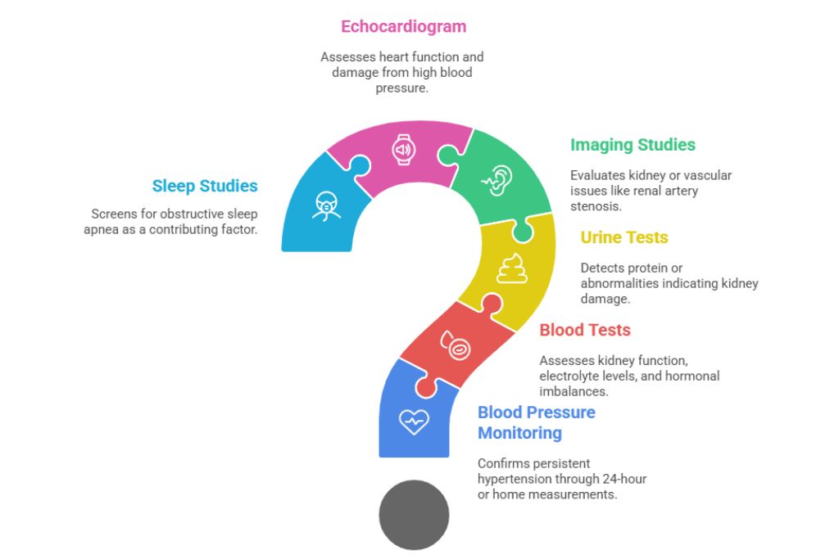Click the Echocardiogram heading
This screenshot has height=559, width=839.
click(403, 26)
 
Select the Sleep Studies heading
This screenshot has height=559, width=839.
click(205, 186)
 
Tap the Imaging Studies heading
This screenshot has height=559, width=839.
click(633, 145)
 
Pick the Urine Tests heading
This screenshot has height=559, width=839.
click(624, 237)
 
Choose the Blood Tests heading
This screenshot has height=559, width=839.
click(585, 330)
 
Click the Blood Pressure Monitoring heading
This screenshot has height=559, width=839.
click(536, 422)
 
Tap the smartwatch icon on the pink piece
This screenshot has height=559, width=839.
click(403, 149)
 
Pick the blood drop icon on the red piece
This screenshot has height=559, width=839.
click(456, 345)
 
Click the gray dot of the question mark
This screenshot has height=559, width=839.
click(414, 515)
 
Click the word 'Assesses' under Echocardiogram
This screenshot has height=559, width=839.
click(347, 57)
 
